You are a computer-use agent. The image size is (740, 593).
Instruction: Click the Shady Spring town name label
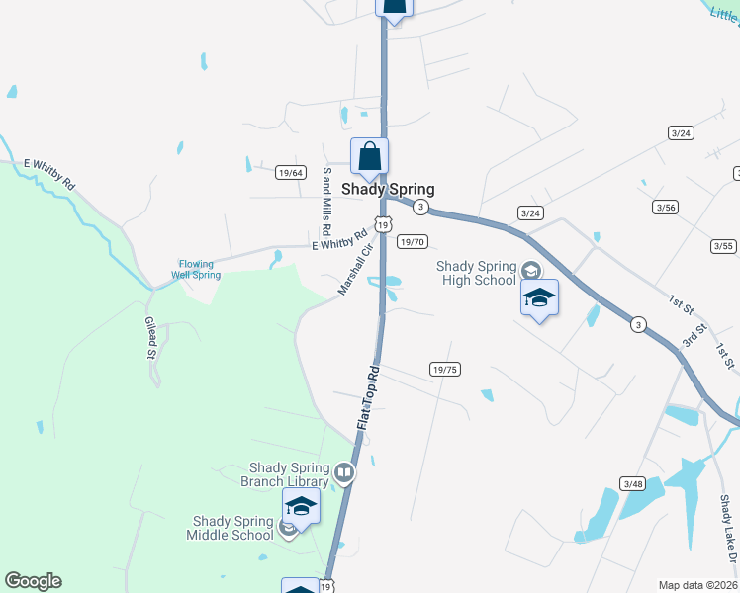click(388, 189)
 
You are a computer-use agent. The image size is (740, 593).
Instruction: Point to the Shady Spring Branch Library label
click(285, 474)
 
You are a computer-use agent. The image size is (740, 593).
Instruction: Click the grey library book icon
click(344, 472)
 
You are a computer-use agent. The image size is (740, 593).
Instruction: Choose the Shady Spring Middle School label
click(230, 528)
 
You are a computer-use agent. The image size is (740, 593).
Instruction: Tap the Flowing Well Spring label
click(199, 269)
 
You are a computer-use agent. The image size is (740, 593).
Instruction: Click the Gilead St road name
click(152, 339)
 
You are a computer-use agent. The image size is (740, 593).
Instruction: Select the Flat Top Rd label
click(368, 397)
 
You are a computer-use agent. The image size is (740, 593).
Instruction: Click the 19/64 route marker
click(289, 171)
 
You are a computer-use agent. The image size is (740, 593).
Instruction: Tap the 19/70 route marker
click(412, 241)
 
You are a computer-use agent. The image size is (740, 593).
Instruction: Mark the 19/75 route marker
click(445, 370)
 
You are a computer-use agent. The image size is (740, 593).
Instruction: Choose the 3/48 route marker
click(632, 483)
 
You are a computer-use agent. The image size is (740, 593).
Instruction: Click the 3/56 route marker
click(665, 207)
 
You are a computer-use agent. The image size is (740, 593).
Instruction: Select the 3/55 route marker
click(723, 246)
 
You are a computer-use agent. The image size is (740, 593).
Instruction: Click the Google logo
click(33, 581)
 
